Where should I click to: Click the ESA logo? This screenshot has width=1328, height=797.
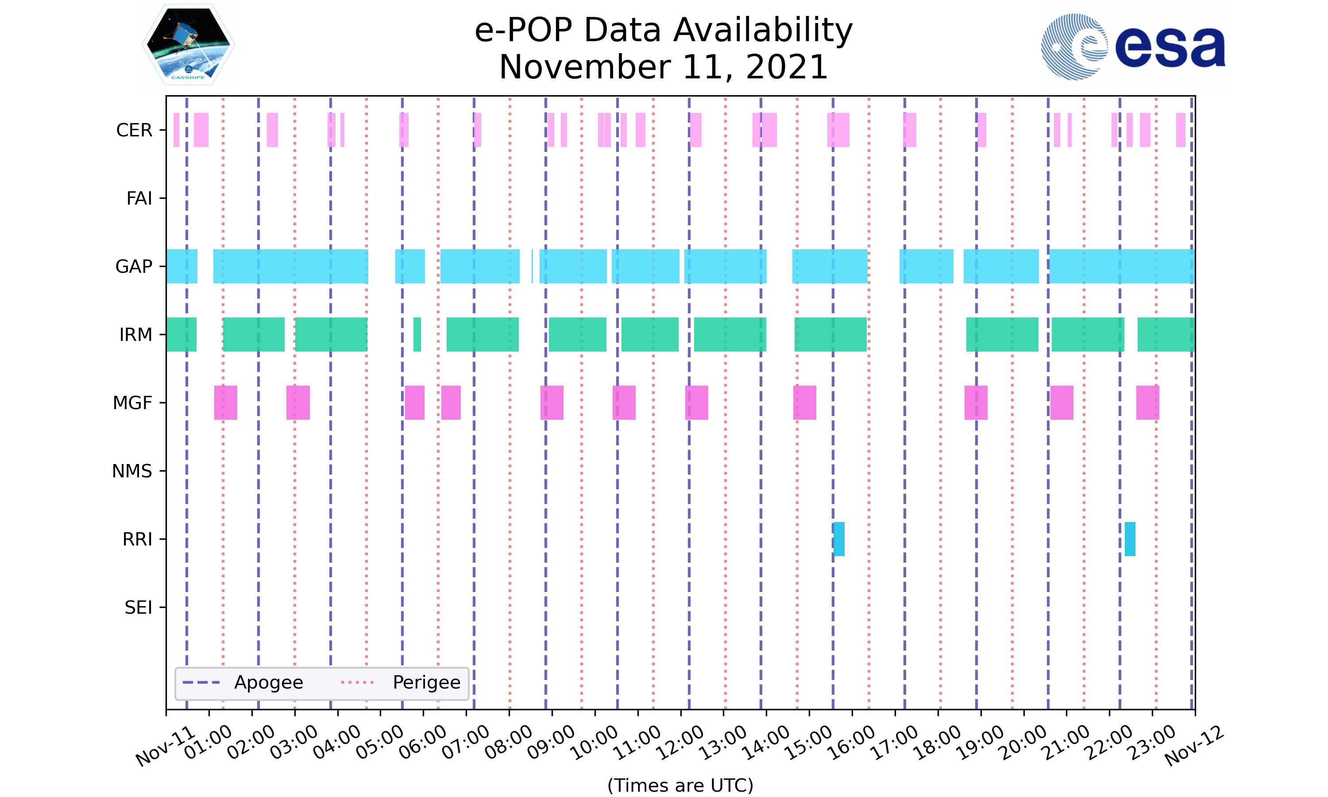(x=1133, y=47)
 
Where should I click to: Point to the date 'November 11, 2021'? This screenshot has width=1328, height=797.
(x=664, y=67)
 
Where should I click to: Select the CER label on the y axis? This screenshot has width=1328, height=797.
(x=134, y=130)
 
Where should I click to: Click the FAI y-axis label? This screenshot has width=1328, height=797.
(x=139, y=198)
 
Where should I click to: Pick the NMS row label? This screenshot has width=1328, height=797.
(x=132, y=471)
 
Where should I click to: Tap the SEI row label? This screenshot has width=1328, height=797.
(x=139, y=607)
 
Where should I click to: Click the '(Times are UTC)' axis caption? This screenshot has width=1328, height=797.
(x=680, y=785)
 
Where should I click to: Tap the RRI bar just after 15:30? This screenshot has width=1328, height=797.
(x=839, y=539)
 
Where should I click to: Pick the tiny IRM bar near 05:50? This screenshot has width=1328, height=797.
(x=417, y=335)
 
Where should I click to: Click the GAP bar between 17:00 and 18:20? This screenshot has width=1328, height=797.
(x=926, y=267)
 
